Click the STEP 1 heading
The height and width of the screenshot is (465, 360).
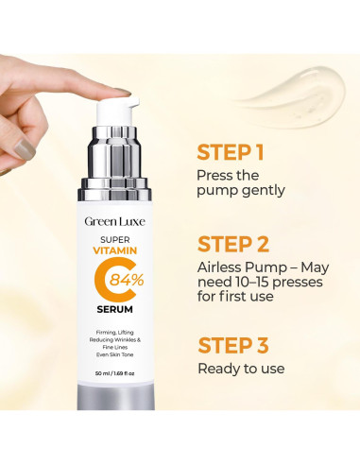pos(230,152)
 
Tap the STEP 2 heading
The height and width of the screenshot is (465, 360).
pos(233,244)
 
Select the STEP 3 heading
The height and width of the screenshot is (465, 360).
pos(233,345)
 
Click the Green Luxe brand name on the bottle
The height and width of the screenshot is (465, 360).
pos(114,222)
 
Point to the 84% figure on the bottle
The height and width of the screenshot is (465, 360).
pos(127,280)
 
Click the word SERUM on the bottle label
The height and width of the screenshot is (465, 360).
pos(114,310)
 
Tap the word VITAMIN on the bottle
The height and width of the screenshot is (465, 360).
pos(115,250)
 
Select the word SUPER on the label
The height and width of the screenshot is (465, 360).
pos(115,240)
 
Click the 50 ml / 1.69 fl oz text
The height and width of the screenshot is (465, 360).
pos(114,373)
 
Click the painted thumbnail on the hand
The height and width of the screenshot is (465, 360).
pos(25,149)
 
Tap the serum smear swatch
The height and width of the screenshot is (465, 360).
pos(293,96)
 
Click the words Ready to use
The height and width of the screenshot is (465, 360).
pos(241,369)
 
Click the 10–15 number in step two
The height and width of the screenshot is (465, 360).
pos(249,282)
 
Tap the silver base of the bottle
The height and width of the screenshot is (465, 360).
pos(115,397)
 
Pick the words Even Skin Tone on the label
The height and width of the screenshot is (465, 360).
pos(114,354)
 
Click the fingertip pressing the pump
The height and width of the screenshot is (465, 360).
pos(121,91)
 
